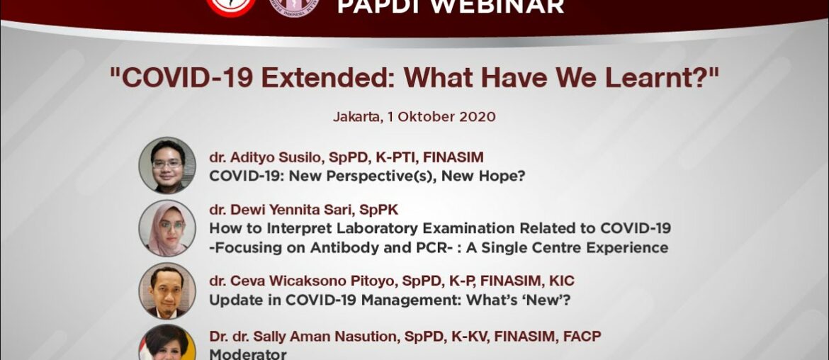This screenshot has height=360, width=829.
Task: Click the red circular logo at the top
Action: click(x=231, y=5)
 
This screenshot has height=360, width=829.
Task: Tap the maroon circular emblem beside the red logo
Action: click(x=294, y=6)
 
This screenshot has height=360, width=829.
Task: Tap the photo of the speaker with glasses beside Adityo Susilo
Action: click(x=167, y=165)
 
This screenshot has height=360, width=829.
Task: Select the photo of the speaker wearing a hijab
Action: click(x=167, y=228)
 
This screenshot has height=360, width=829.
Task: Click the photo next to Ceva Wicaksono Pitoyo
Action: click(x=167, y=291)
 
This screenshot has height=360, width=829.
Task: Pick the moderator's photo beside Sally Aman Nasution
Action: click(x=167, y=344)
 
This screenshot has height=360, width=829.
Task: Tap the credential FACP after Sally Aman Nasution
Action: click(x=582, y=337)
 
